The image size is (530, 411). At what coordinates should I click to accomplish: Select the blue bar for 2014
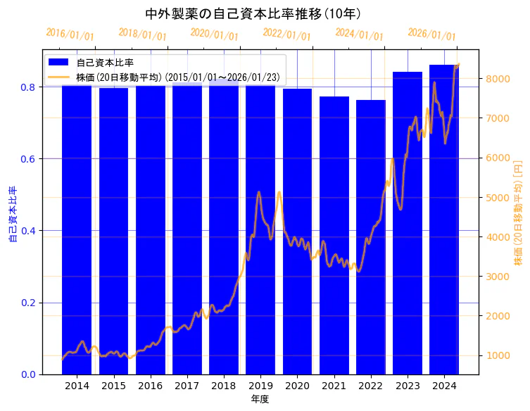coord(77,232)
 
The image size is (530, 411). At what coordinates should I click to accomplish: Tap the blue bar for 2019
coord(260,232)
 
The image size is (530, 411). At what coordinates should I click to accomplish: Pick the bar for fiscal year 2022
coord(371,239)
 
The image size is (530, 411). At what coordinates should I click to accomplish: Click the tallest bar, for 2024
coord(444,225)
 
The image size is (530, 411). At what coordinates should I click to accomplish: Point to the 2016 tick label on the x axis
coord(150,386)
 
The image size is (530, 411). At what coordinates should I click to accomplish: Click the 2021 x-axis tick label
coord(334,386)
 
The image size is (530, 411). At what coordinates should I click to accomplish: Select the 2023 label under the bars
coord(408,386)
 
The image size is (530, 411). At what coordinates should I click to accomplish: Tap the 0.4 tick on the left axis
coord(27,231)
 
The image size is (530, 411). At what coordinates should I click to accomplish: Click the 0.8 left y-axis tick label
coord(27,87)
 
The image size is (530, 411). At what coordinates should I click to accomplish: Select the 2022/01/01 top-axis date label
coord(286,34)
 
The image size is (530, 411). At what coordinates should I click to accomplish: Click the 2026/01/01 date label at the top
coord(431,34)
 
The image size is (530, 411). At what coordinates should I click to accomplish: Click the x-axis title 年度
coord(260,399)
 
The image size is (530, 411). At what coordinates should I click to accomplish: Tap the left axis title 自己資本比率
coord(12,215)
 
